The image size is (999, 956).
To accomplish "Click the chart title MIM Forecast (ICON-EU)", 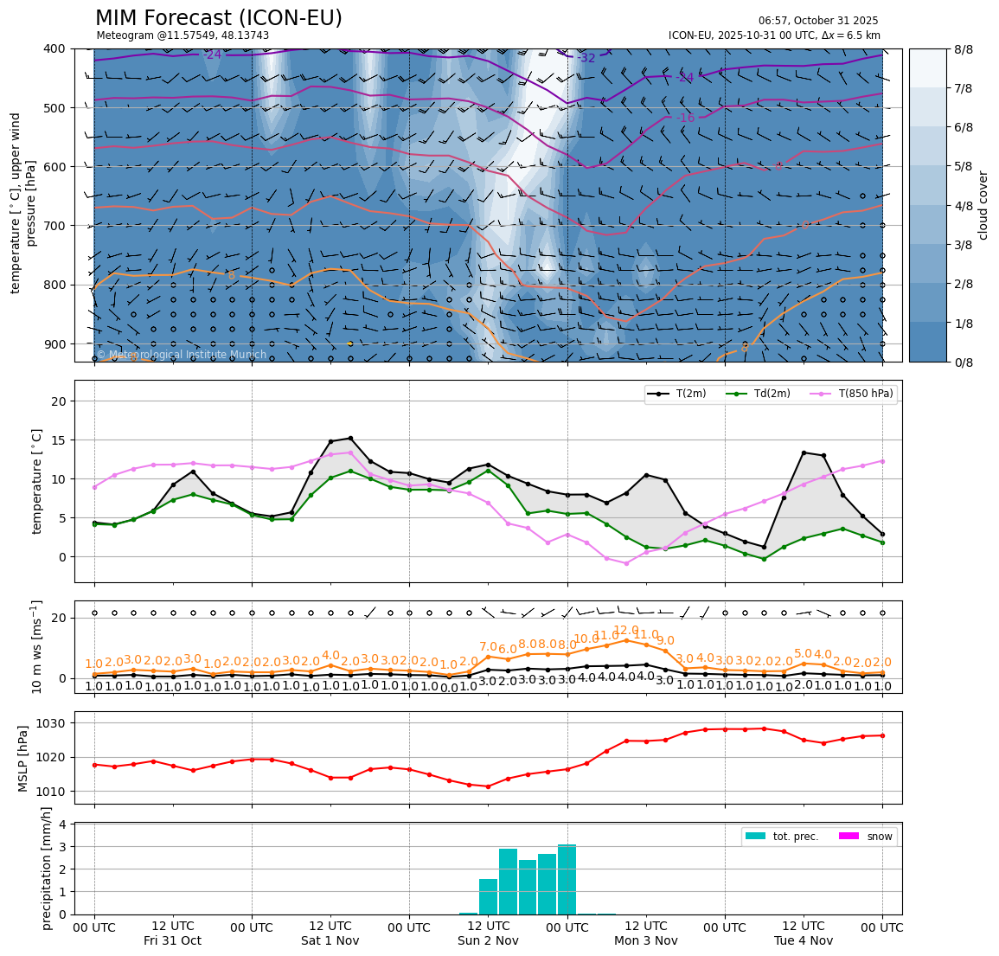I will click(x=218, y=18).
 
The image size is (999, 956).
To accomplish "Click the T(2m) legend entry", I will click(x=678, y=394).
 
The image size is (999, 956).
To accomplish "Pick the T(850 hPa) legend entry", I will click(x=851, y=394).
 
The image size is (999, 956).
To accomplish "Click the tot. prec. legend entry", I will click(x=782, y=837).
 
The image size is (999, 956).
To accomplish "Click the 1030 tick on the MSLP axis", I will click(x=55, y=722).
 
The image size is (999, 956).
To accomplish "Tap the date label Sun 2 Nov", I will click(x=488, y=940).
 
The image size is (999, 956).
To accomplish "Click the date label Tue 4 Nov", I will click(x=804, y=940).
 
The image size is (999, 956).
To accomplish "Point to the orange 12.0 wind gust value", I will click(x=625, y=631).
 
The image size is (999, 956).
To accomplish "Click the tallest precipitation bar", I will click(x=567, y=879).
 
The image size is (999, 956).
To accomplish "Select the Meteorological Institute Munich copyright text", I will click(x=181, y=355).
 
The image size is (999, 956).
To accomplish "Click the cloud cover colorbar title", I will click(x=983, y=205).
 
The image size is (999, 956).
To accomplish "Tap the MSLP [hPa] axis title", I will click(x=24, y=758).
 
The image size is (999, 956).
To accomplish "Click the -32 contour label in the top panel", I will click(x=586, y=58).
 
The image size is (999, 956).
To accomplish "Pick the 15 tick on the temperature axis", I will click(x=61, y=440).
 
